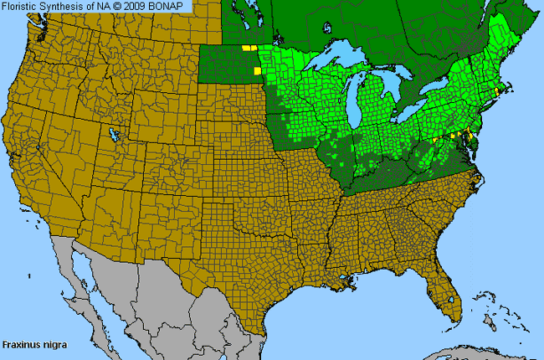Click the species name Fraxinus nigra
(34, 344)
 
